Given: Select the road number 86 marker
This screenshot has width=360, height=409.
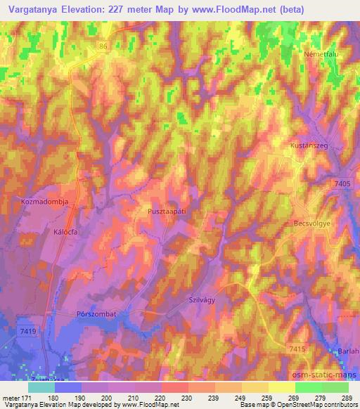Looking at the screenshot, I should coord(104,46).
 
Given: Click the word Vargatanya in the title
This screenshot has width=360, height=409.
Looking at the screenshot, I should coord(37,10).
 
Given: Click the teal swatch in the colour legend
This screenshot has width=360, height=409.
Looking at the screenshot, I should coord(41,387).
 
